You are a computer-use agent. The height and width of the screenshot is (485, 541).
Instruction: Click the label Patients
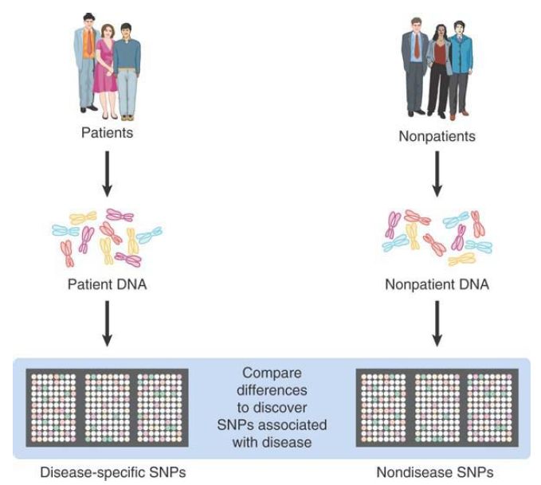pos(107,132)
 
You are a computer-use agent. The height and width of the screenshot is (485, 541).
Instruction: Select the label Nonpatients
pos(437,136)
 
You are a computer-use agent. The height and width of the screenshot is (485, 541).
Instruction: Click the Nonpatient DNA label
pos(437,284)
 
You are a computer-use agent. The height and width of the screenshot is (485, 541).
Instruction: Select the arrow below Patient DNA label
pos(107,322)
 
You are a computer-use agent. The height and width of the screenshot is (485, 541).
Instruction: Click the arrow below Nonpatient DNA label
pos(437,322)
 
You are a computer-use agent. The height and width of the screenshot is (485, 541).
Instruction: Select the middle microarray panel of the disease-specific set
pos(107,406)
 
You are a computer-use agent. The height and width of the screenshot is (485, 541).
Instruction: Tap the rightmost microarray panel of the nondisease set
pos(491,406)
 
